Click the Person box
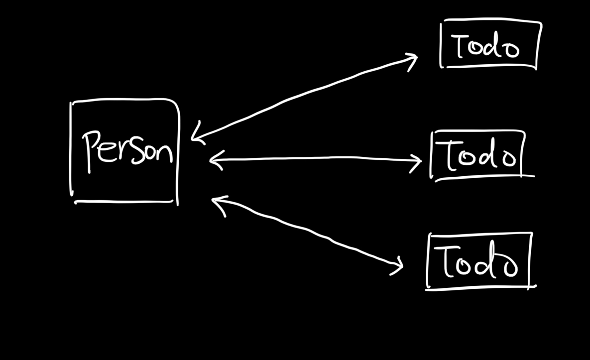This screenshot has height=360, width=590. point(124,151)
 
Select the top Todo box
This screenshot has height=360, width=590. point(490,44)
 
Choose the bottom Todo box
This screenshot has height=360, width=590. point(479,260)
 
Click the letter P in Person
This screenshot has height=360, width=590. point(92,149)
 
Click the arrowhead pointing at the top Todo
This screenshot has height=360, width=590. point(413,60)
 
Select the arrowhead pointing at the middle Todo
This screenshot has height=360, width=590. point(417,161)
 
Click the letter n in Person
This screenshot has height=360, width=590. point(165,152)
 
